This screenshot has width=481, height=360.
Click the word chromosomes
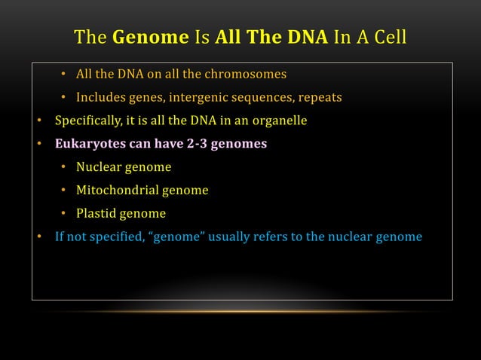pyautogui.click(x=246, y=74)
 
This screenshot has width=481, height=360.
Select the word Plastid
pyautogui.click(x=97, y=213)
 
